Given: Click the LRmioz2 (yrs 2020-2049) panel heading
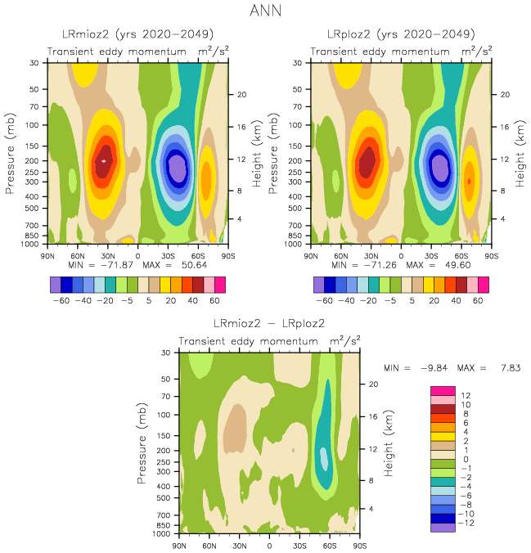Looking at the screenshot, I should [x=138, y=34].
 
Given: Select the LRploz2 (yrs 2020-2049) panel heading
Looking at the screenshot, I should [x=400, y=34].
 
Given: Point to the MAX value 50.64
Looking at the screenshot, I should [x=192, y=265].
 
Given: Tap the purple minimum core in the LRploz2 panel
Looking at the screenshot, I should [x=440, y=168].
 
